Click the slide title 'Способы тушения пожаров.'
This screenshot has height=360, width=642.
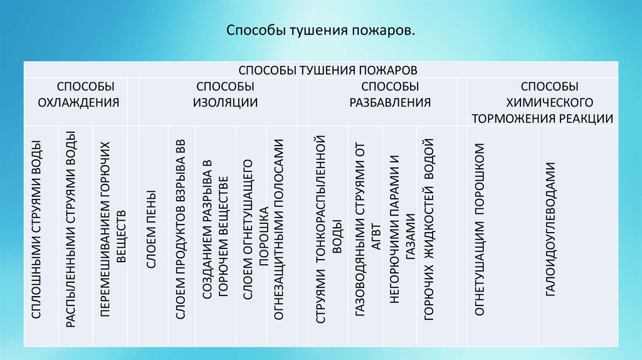coord(320,30)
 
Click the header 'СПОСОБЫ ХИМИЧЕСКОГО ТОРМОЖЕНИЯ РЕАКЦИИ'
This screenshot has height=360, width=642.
coord(543,102)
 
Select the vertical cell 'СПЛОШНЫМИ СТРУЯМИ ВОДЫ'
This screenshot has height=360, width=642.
coord(37,238)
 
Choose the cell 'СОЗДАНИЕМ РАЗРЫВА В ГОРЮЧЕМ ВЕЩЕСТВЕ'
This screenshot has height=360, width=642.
coord(214,232)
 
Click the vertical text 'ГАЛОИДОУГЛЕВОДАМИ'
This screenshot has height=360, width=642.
coord(550,229)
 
